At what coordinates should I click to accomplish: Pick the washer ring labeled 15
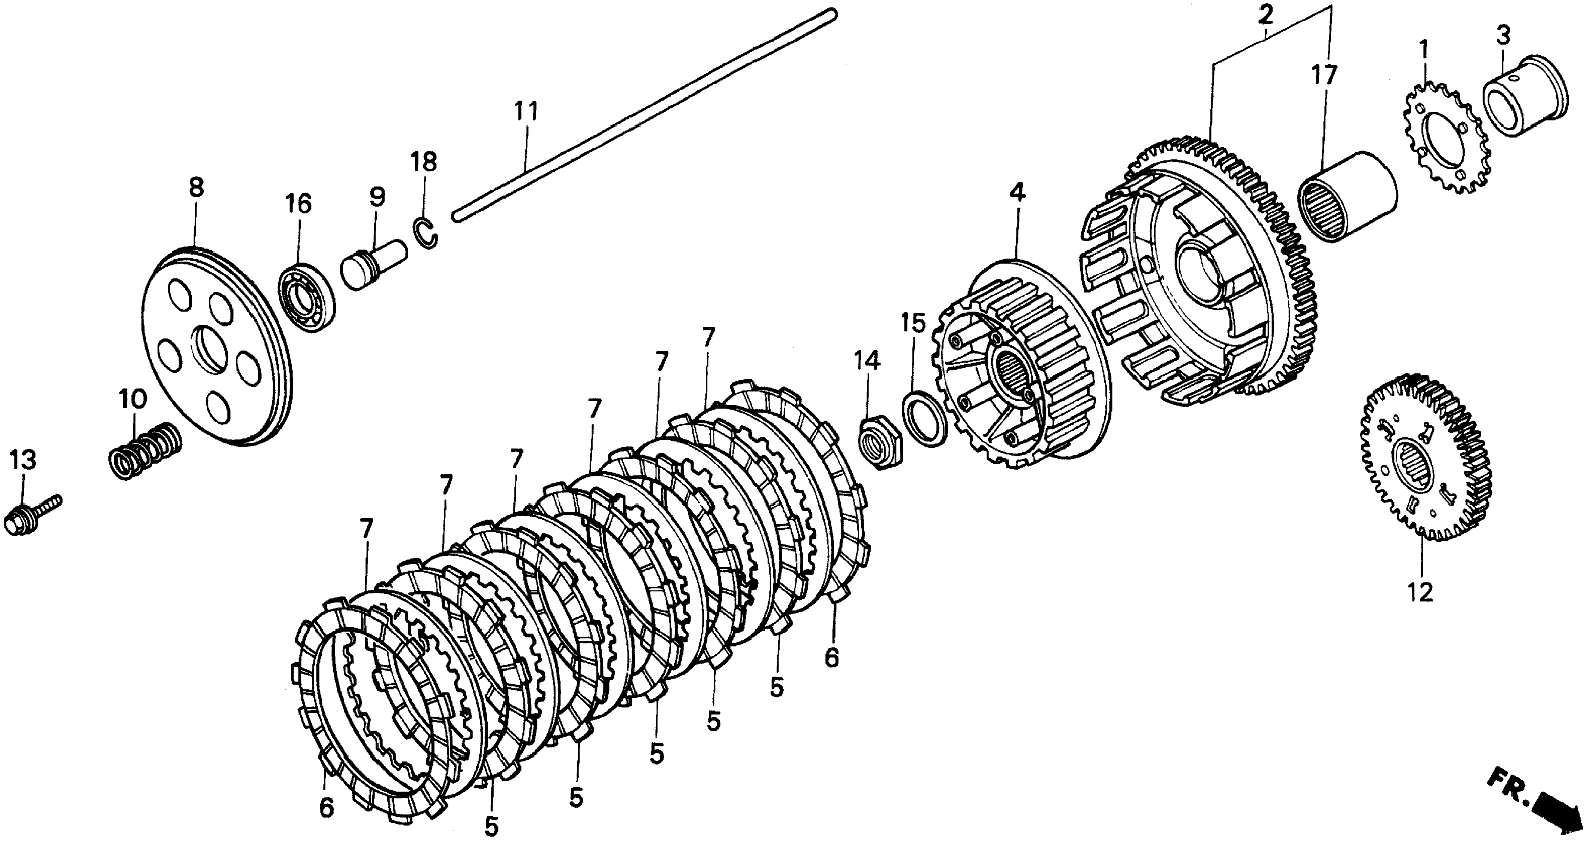924,418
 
